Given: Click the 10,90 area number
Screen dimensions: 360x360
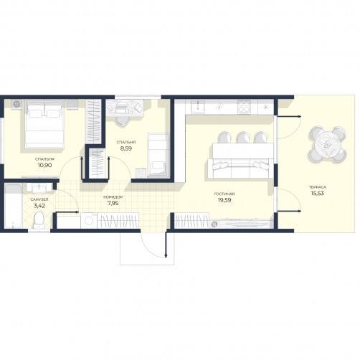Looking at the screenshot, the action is (x=44, y=165).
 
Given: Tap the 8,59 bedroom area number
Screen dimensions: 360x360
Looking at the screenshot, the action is (x=126, y=148).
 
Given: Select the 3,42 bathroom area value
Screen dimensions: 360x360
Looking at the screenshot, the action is (x=39, y=205).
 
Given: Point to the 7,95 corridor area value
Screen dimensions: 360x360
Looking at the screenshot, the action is (x=113, y=203).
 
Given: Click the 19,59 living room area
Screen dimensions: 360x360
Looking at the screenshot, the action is (x=224, y=200).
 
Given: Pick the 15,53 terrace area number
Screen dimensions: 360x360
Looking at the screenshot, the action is (x=318, y=193).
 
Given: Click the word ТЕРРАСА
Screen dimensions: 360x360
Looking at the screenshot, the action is (x=318, y=187).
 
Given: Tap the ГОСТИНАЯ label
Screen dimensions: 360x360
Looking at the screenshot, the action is (x=224, y=194).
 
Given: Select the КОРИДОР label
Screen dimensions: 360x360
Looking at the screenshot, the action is (x=113, y=197).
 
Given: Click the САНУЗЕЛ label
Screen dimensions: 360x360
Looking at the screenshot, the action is (x=39, y=199).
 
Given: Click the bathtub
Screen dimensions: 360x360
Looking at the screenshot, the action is (x=13, y=206).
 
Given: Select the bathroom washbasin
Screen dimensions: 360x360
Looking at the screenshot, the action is (x=39, y=188).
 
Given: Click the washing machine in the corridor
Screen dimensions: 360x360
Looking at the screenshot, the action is (x=89, y=220).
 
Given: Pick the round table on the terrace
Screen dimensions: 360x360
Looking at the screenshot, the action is (x=327, y=145).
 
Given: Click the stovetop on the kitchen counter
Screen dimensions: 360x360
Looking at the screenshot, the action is (x=245, y=107).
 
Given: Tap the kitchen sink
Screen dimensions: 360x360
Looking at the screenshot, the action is (x=198, y=107).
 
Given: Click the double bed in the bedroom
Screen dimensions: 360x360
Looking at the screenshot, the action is (x=45, y=124).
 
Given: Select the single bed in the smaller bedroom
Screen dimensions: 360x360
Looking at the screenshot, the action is (x=158, y=156).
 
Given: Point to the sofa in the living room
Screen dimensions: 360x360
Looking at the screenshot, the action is (x=241, y=169).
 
